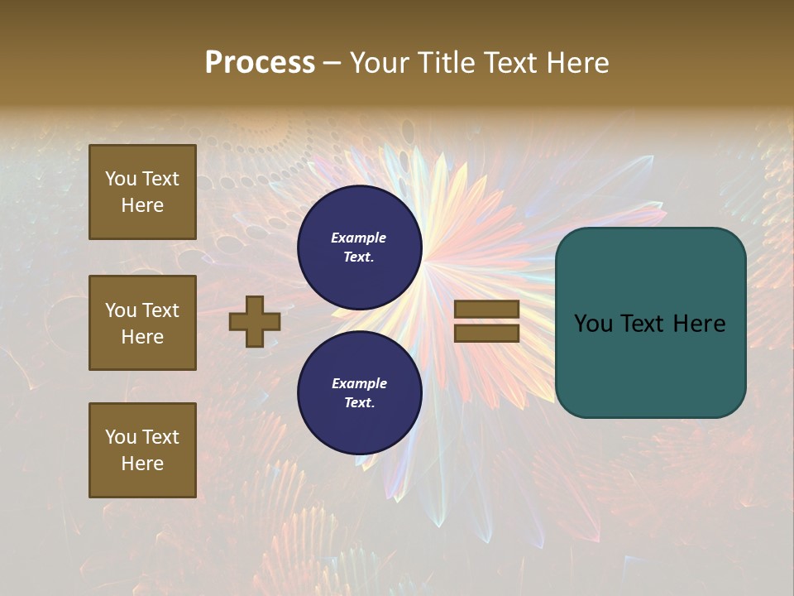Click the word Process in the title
(260, 63)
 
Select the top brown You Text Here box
(142, 192)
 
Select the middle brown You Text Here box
(142, 323)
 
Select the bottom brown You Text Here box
(142, 450)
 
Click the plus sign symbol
(255, 321)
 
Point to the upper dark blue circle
(360, 248)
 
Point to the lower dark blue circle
(360, 393)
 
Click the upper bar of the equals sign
(487, 310)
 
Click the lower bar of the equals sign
(487, 333)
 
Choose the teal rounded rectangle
(650, 323)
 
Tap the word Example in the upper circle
(359, 238)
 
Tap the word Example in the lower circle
(359, 383)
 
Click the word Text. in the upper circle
(359, 257)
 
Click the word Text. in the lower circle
(359, 402)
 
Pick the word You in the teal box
(592, 324)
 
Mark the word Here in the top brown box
(142, 205)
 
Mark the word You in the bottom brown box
(121, 437)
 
